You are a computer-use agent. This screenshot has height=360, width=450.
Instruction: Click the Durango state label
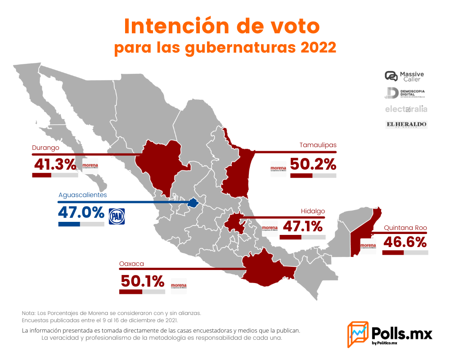(x=45, y=148)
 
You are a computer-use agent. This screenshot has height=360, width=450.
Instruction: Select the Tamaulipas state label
(x=318, y=145)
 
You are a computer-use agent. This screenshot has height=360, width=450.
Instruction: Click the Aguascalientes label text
(x=83, y=195)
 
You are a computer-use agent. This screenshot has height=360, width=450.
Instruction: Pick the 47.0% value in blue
(x=81, y=212)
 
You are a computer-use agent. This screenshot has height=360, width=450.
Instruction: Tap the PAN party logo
(x=117, y=216)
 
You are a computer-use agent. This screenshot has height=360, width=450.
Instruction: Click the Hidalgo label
(x=313, y=211)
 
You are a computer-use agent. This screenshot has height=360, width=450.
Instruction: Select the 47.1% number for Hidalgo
(x=302, y=226)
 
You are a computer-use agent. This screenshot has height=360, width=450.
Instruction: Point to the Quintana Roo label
(x=405, y=228)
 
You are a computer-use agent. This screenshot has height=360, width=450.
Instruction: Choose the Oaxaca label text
(x=131, y=264)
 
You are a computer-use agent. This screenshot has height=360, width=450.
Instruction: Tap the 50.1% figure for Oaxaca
(x=142, y=281)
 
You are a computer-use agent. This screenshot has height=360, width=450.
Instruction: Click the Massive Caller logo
(x=405, y=76)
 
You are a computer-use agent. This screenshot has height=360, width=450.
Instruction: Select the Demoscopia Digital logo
(x=405, y=93)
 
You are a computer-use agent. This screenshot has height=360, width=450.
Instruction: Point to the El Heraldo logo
(x=406, y=124)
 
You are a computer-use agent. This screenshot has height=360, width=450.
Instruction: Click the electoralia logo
(x=406, y=109)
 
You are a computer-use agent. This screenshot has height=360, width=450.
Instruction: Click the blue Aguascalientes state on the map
(x=193, y=203)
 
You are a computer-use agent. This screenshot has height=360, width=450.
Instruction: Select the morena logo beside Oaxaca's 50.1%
(x=179, y=285)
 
